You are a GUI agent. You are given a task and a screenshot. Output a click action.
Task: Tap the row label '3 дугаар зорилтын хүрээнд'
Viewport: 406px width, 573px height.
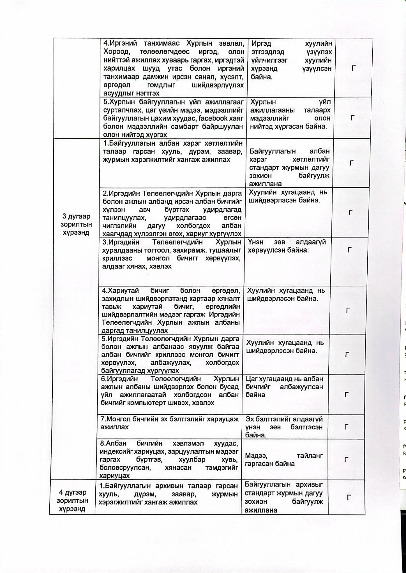[76, 224]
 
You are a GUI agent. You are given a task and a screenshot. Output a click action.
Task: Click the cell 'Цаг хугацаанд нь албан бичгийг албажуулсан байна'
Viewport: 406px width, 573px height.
[284, 387]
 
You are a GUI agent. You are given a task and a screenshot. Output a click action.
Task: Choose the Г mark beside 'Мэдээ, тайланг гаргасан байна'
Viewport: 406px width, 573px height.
[347, 460]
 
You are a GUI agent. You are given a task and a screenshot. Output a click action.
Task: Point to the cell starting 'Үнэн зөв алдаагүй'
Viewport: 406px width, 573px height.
[287, 246]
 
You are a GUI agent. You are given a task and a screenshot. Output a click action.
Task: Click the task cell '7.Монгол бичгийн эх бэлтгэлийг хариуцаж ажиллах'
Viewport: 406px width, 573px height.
[169, 423]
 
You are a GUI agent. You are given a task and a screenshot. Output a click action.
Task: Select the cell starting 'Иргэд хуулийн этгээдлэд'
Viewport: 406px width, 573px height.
[291, 60]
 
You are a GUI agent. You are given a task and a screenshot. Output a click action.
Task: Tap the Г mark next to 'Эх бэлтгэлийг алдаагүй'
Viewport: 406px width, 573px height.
[346, 427]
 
